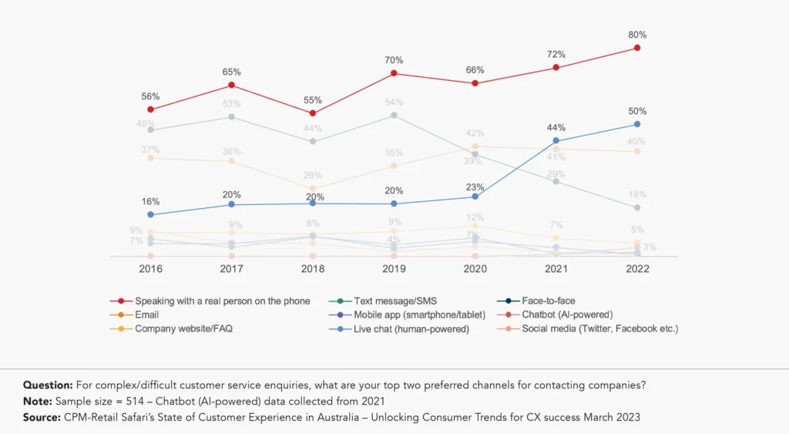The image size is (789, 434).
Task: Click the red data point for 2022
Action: pos(637,48)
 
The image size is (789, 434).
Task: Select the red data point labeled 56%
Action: pos(150,109)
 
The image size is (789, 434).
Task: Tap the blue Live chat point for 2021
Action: pos(556,140)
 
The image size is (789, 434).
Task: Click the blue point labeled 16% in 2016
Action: pos(150,214)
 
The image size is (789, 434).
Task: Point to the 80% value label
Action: pos(637,35)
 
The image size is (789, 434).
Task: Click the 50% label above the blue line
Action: pos(637,111)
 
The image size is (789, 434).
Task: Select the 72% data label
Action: pos(556,55)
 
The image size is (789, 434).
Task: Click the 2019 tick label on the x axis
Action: pos(394,269)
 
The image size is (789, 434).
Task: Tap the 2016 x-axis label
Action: pos(150,269)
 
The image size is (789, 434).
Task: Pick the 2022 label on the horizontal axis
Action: pos(637,269)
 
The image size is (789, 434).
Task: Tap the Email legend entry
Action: pos(146,315)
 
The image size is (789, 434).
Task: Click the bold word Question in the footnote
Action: pos(48,385)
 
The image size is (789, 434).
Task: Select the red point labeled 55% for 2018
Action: pos(313,113)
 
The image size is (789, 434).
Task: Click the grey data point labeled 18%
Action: pos(637,208)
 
